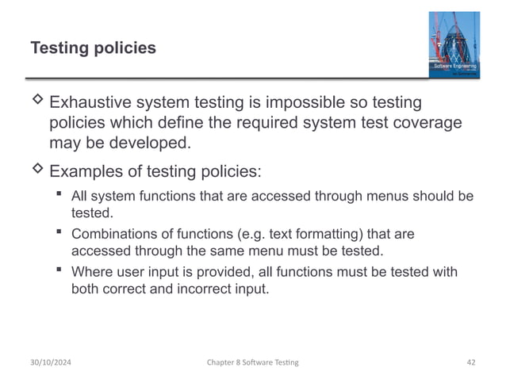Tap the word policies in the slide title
pyautogui.click(x=125, y=49)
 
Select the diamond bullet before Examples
pyautogui.click(x=36, y=171)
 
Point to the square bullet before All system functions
pyautogui.click(x=59, y=195)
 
